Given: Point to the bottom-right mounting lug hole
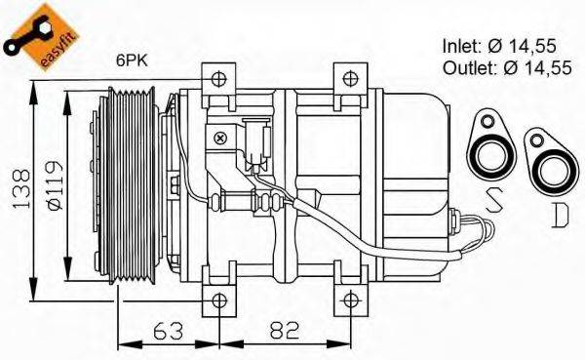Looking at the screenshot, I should click(x=349, y=298).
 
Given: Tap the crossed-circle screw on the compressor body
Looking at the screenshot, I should click(x=222, y=139).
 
